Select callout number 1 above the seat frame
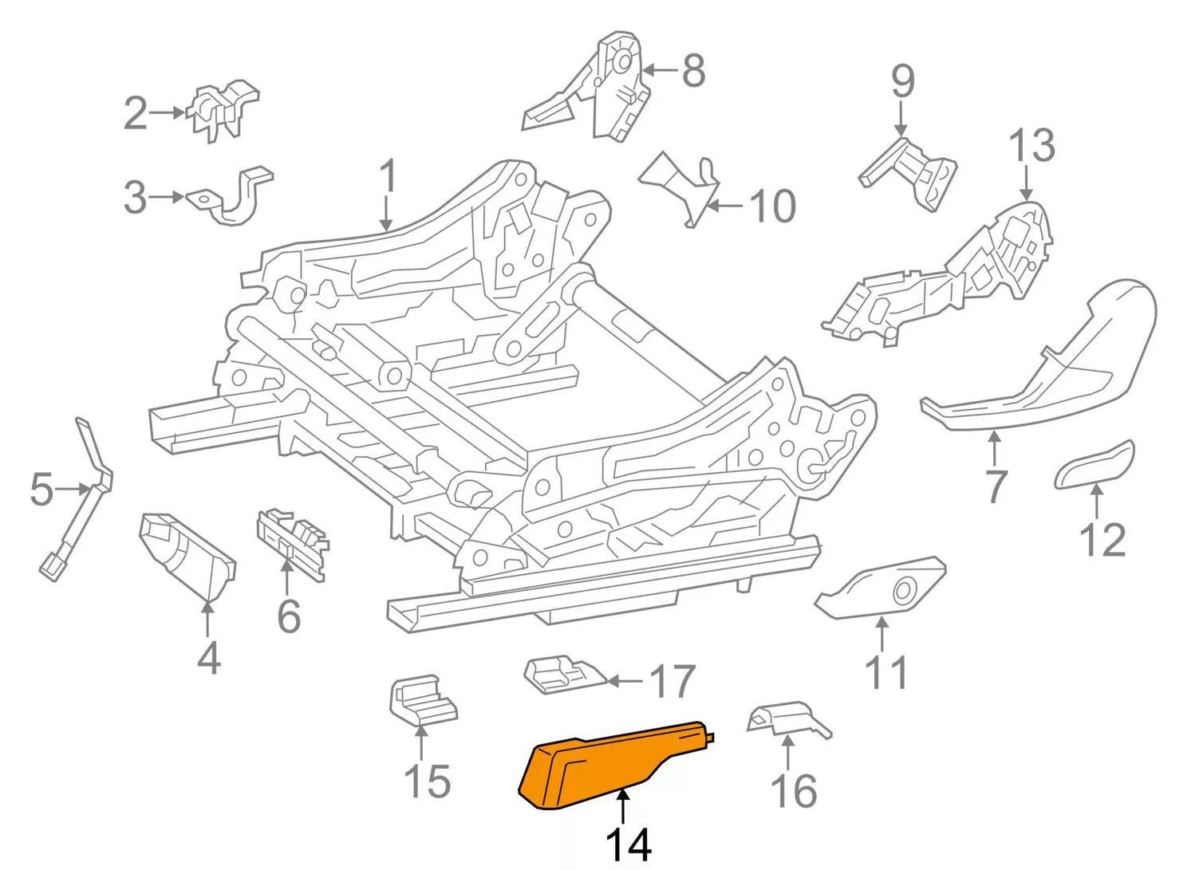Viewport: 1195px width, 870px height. click(x=388, y=177)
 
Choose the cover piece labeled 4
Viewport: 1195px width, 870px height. click(x=187, y=554)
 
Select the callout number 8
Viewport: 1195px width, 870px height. click(x=693, y=71)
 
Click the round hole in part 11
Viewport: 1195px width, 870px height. click(x=904, y=591)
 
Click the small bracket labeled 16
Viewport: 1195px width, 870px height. click(x=786, y=718)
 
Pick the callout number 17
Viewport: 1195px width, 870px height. click(x=672, y=682)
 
